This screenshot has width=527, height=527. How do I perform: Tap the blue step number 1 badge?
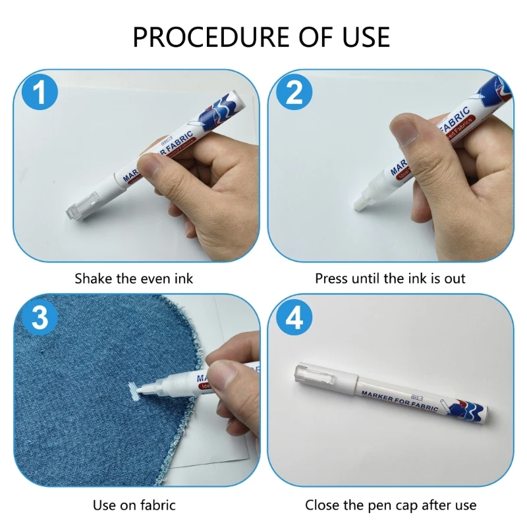(x=39, y=93)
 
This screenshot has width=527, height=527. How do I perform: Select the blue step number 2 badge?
(x=294, y=93)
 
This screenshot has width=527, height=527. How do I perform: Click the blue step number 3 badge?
(x=39, y=318)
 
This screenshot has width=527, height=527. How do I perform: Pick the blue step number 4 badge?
(x=294, y=318)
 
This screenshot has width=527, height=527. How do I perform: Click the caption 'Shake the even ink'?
(x=134, y=278)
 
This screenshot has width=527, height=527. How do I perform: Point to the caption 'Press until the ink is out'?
(x=390, y=278)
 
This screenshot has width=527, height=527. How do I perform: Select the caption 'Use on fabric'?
(x=134, y=505)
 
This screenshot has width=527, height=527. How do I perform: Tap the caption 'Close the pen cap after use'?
(x=390, y=505)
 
